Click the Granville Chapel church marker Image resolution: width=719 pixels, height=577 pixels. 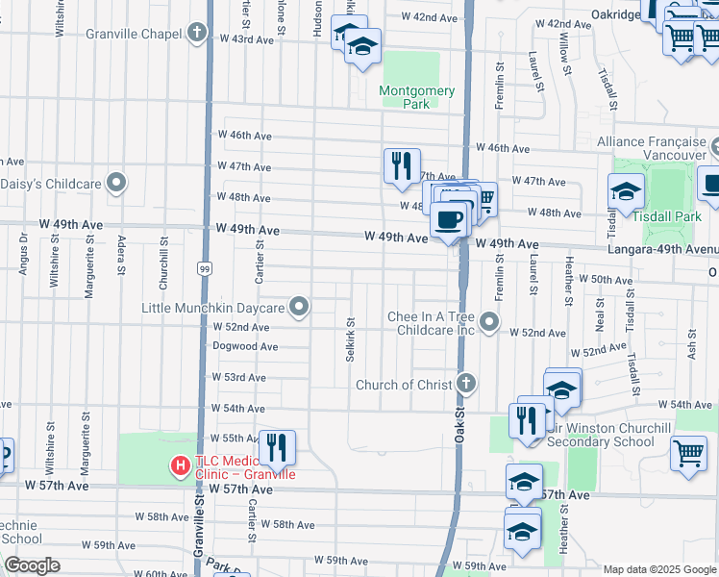coord(197,34)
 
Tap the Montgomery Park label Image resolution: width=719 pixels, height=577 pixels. coord(416,97)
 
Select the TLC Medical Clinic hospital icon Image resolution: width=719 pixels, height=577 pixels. coord(180,466)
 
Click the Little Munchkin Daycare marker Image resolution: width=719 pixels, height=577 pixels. coord(300,308)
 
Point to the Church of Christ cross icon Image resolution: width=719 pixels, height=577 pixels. coord(466,385)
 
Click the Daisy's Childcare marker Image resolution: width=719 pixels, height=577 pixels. coord(117,182)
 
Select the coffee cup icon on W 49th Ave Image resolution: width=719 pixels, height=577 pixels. coord(449,219)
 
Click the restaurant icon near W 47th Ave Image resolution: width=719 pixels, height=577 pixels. coord(402,165)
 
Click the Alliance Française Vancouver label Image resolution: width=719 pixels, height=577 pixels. coord(652,148)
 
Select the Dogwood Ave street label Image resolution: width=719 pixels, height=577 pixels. coord(245,346)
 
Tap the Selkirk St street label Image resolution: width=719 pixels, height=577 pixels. coord(350,340)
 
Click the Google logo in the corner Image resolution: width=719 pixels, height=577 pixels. coord(33,565)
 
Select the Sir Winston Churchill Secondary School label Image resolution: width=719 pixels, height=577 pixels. coord(600,436)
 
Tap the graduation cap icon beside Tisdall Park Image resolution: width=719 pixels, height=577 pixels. coord(626,191)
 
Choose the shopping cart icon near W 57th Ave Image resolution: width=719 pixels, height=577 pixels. coord(688,453)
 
